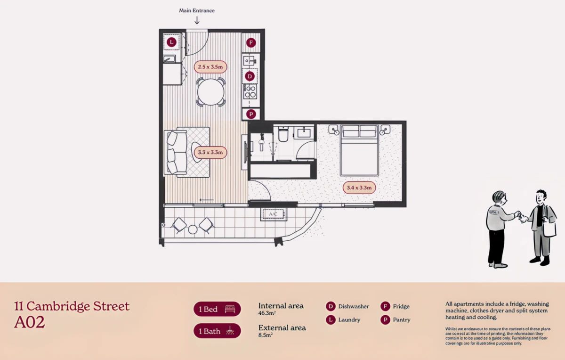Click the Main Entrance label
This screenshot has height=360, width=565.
(x=197, y=11)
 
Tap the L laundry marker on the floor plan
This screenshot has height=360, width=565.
(x=171, y=42)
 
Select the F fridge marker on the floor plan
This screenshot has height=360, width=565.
(x=251, y=43)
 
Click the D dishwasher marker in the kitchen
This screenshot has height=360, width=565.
(x=250, y=76)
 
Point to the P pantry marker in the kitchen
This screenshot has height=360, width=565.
(x=251, y=114)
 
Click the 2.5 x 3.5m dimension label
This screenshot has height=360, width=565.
(x=210, y=67)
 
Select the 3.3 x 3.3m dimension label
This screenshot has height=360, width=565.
(x=210, y=153)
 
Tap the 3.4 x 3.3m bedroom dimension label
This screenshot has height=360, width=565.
(x=359, y=188)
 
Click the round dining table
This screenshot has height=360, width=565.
(x=210, y=92)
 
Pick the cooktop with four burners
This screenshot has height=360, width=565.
(x=250, y=91)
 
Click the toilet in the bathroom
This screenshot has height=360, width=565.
(x=283, y=134)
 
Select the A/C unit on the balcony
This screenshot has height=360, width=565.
(x=273, y=214)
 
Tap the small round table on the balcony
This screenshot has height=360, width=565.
(x=193, y=229)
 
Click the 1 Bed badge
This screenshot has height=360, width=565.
(x=217, y=309)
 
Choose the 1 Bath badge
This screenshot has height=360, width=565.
(x=217, y=331)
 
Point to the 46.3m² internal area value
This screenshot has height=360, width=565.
(x=267, y=313)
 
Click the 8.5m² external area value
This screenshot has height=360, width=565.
(x=266, y=335)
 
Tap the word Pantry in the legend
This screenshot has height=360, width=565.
(x=402, y=320)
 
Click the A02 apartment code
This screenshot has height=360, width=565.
(x=30, y=322)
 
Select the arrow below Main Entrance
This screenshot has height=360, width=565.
(x=197, y=20)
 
